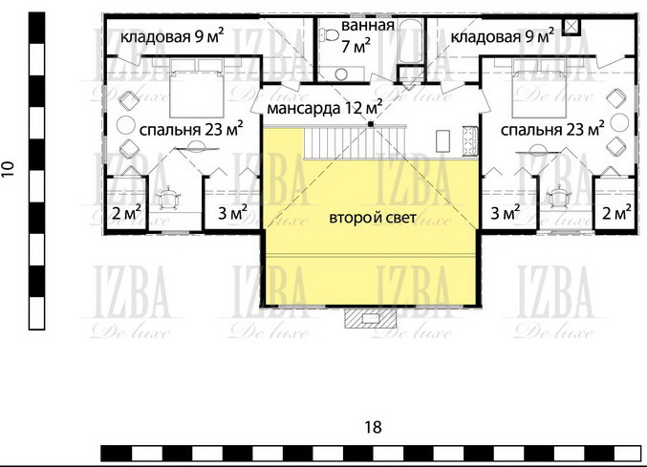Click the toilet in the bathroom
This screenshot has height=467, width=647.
(329, 34)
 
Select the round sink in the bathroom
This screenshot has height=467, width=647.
(341, 74)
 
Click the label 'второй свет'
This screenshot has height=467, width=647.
(373, 218)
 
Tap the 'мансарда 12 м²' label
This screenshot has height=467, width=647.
(324, 108)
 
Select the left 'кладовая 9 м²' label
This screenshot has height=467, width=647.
(172, 36)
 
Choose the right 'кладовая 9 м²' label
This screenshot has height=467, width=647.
(502, 36)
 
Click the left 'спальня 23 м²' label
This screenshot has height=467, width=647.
(191, 129)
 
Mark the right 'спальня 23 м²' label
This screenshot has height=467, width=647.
(552, 129)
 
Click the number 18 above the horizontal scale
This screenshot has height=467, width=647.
(373, 428)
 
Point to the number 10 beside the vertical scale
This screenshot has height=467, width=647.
(8, 169)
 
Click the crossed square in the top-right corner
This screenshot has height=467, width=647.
(572, 26)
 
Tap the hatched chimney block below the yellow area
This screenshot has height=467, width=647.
(371, 318)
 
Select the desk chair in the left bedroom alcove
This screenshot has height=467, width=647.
(168, 198)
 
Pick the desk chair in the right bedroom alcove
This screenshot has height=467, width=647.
(558, 196)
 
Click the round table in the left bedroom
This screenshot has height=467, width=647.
(125, 125)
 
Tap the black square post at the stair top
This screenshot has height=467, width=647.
(371, 123)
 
